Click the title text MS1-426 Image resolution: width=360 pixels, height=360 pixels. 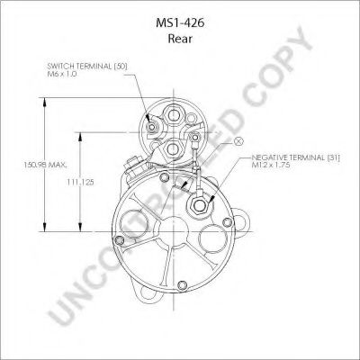pyautogui.click(x=180, y=23)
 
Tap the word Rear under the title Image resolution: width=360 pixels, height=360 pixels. pyautogui.click(x=180, y=39)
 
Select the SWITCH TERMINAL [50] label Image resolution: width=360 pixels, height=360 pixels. pyautogui.click(x=87, y=67)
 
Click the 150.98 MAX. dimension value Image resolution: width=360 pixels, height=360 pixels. pyautogui.click(x=45, y=165)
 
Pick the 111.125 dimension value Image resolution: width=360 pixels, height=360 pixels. pyautogui.click(x=80, y=182)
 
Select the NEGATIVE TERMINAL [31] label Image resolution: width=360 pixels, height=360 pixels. pyautogui.click(x=295, y=157)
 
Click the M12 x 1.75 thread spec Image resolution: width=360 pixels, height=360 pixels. pyautogui.click(x=271, y=165)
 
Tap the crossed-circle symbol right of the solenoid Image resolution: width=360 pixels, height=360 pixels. pyautogui.click(x=238, y=141)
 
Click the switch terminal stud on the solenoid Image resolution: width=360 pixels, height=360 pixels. pyautogui.click(x=152, y=127)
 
